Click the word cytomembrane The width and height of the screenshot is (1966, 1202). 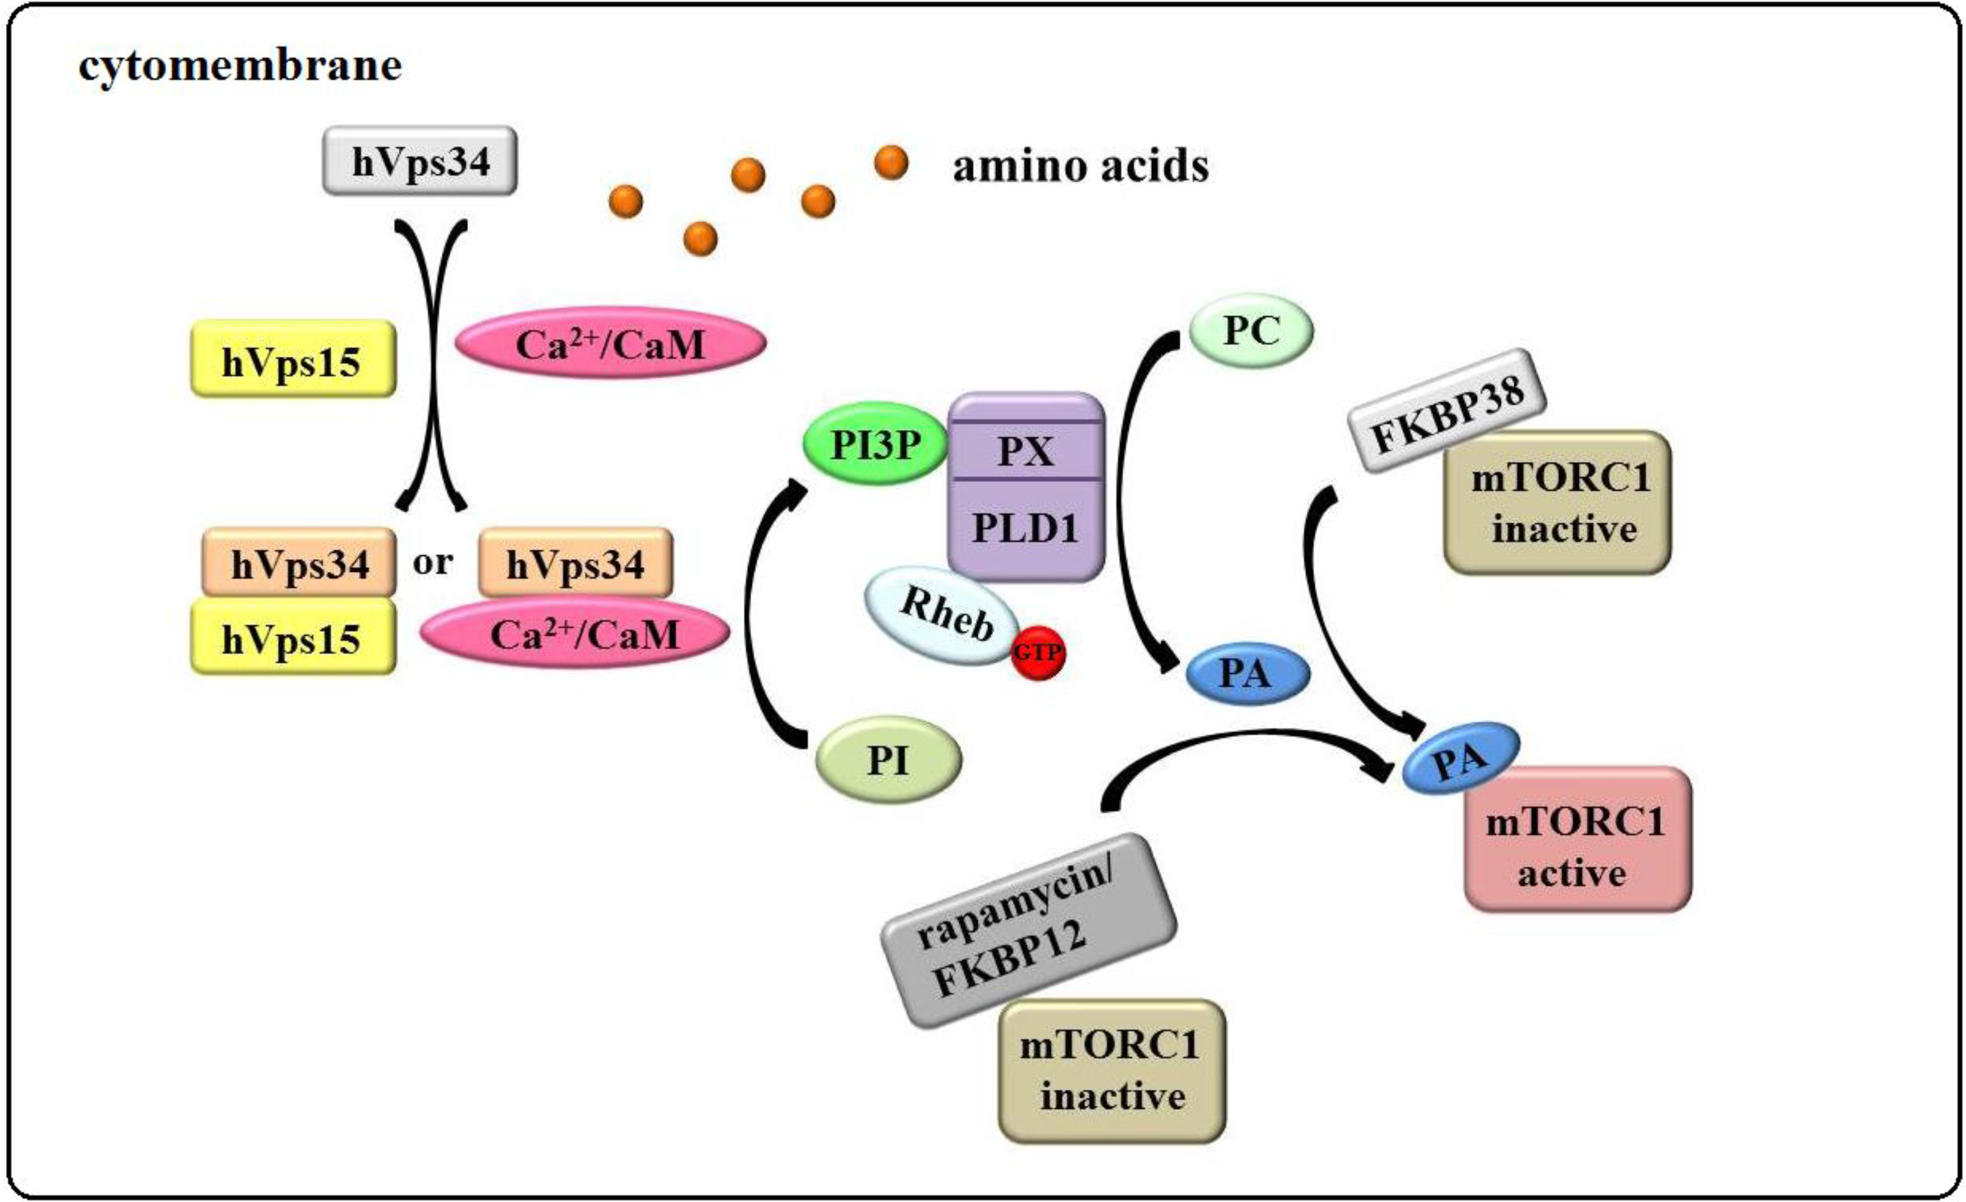239,65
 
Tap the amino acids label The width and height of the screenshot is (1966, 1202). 1080,167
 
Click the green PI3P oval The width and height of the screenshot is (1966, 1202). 875,446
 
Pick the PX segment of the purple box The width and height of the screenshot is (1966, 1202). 1026,451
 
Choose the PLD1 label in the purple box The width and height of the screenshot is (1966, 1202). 1026,528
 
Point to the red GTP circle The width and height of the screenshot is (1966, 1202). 1037,652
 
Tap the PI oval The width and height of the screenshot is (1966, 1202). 888,760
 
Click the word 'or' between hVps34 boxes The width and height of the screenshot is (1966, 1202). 432,563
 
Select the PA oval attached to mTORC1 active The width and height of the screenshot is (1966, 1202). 1460,759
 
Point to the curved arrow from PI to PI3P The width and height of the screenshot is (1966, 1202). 755,615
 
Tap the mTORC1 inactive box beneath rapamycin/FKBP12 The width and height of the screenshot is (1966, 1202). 1111,1071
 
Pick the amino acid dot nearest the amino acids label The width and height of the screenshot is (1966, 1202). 890,163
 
